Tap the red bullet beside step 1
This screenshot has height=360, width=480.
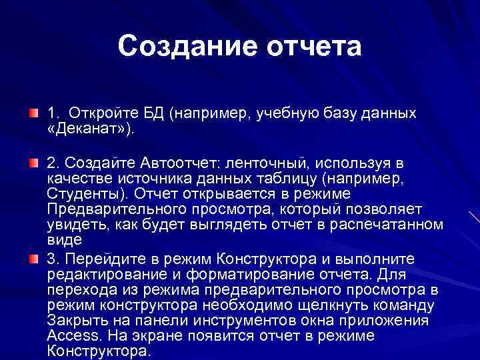pos(33,113)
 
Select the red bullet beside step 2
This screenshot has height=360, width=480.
pos(33,163)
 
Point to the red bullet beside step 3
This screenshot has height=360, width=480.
pos(33,259)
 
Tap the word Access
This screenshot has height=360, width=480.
pos(71,336)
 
